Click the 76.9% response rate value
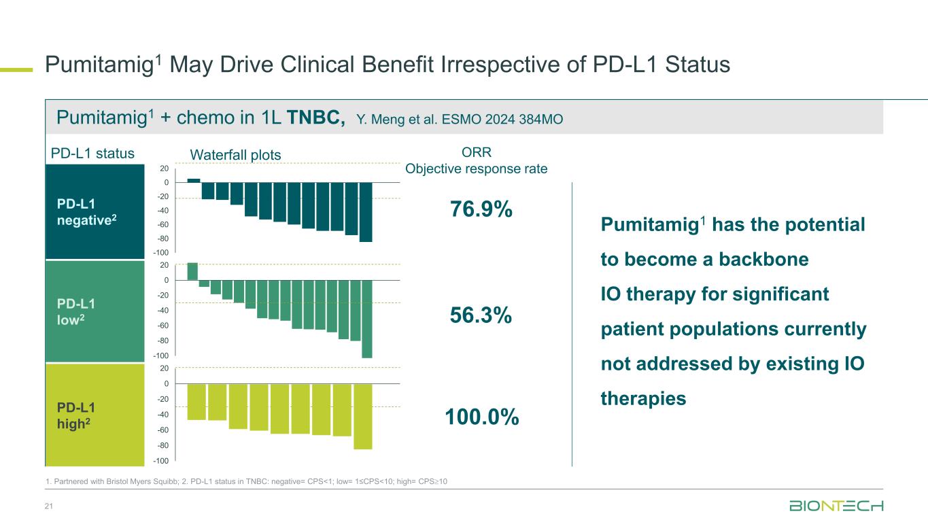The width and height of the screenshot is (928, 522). (481, 210)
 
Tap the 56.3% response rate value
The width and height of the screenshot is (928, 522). (481, 315)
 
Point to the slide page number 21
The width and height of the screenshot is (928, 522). (49, 506)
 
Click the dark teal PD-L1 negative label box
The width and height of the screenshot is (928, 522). (95, 212)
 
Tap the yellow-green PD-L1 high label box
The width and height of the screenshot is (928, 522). (95, 415)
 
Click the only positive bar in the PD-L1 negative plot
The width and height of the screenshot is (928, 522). (194, 180)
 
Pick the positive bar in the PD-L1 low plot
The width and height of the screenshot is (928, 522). (192, 271)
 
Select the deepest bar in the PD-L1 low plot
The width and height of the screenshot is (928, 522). (367, 318)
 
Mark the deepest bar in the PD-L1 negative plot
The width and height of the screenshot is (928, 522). (366, 211)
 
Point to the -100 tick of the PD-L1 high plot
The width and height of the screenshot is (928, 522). (160, 462)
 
